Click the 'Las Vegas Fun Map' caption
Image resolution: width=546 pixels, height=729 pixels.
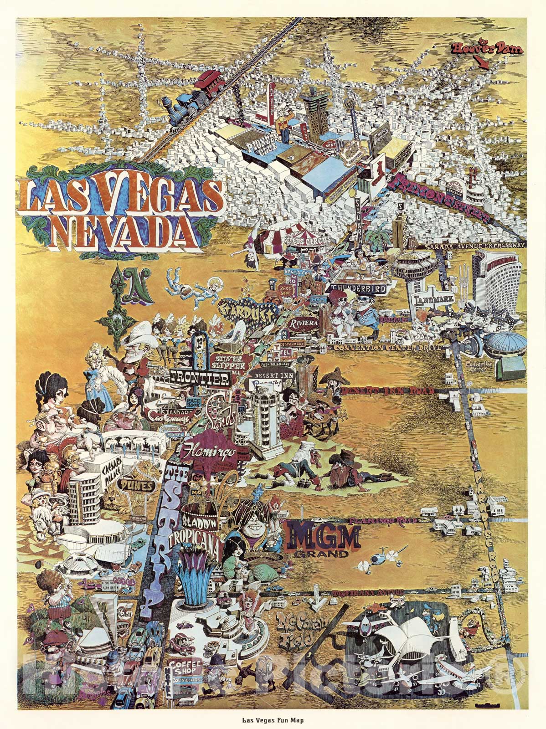point(273,721)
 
